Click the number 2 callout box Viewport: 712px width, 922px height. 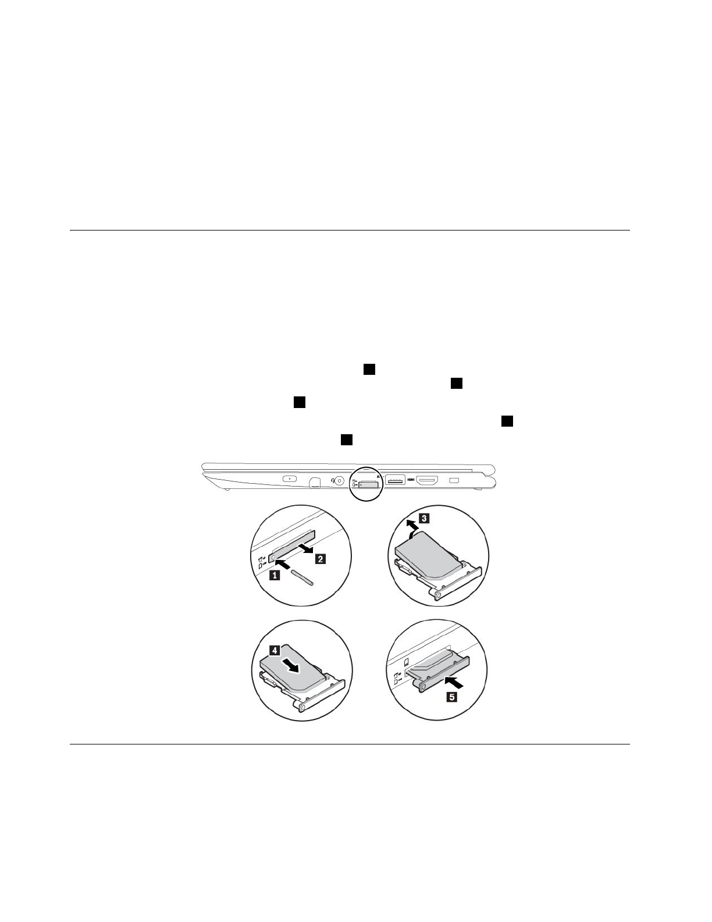pyautogui.click(x=321, y=559)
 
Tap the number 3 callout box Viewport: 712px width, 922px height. pyautogui.click(x=425, y=517)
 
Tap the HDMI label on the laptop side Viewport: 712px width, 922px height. pyautogui.click(x=411, y=480)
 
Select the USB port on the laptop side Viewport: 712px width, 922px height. pyautogui.click(x=395, y=481)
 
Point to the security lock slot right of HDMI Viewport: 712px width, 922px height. pyautogui.click(x=455, y=480)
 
